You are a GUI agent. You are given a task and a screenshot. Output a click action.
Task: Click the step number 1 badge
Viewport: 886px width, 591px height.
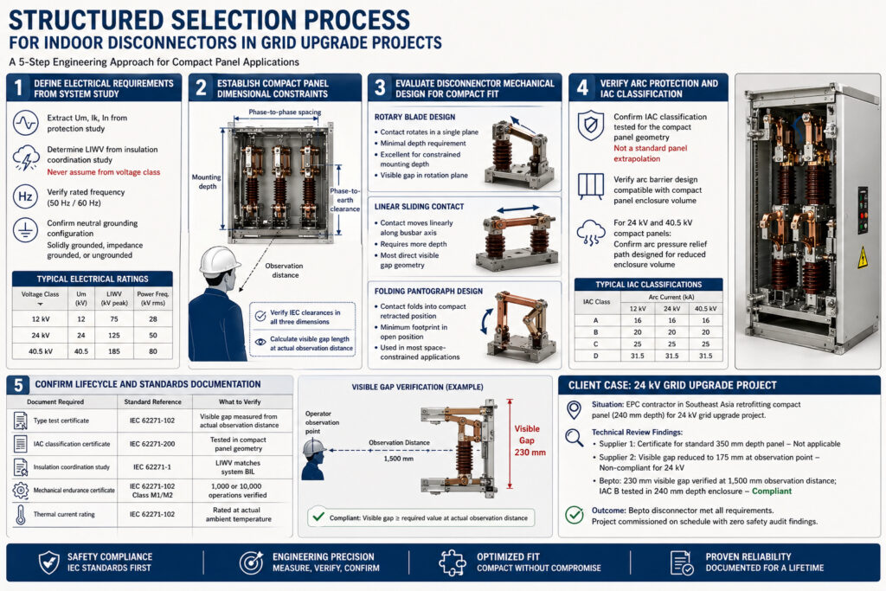tap(18, 87)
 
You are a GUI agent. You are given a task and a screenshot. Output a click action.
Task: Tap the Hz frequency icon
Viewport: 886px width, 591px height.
tap(26, 197)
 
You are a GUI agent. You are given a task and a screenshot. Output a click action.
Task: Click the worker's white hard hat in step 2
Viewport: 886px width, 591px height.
tap(220, 260)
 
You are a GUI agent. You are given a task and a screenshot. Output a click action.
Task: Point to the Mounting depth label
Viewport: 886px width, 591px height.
tap(206, 182)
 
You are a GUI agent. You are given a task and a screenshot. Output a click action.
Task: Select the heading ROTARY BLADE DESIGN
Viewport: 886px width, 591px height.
tap(414, 117)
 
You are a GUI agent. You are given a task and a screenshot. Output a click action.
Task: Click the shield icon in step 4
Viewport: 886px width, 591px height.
tap(591, 125)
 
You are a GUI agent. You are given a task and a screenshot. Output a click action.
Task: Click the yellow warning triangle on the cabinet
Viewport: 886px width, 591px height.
tap(862, 257)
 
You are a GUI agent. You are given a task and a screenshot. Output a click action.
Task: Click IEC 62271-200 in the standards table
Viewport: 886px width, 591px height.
tap(154, 444)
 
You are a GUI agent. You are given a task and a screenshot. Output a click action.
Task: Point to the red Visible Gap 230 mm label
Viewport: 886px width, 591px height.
tap(526, 440)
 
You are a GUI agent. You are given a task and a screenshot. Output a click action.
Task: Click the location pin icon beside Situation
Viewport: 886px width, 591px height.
tap(573, 409)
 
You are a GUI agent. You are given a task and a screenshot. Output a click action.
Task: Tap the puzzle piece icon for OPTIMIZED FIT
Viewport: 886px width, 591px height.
tap(453, 562)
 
